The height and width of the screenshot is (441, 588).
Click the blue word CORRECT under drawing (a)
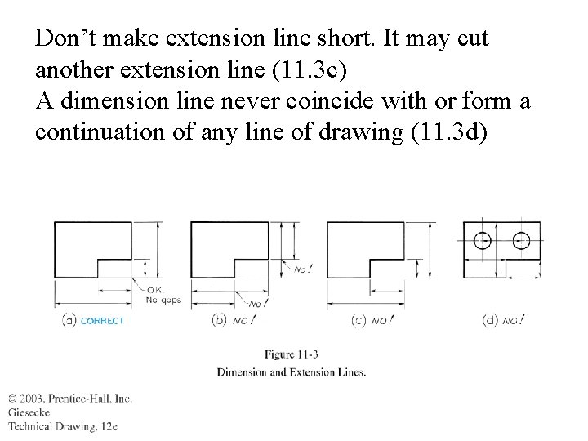click(103, 320)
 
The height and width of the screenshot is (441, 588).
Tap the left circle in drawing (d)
click(483, 240)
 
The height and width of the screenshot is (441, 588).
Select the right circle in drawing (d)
click(522, 240)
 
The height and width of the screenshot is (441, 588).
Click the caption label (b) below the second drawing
click(219, 320)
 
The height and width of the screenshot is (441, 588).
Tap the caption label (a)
click(69, 320)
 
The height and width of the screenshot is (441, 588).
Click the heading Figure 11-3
click(292, 354)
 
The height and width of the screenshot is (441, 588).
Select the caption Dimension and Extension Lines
click(292, 372)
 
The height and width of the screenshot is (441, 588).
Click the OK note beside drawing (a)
click(154, 290)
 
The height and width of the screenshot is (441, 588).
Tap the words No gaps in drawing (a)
click(163, 300)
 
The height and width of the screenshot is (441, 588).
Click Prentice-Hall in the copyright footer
click(87, 399)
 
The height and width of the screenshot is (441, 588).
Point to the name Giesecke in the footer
click(29, 412)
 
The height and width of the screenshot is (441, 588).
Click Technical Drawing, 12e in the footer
click(64, 426)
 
